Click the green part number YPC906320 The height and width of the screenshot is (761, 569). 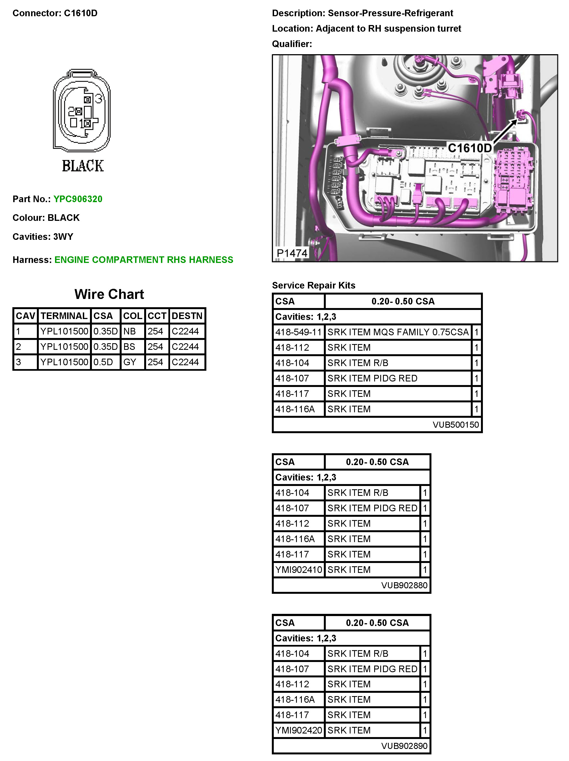(78, 199)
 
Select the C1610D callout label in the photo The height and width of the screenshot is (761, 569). (469, 148)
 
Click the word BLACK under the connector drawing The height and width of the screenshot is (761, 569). (83, 166)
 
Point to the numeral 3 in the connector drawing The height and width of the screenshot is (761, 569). (99, 99)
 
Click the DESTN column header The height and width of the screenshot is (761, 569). (187, 316)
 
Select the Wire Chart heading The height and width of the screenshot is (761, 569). (109, 294)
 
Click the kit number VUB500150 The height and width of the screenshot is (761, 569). (455, 425)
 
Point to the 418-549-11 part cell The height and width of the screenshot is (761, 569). (298, 332)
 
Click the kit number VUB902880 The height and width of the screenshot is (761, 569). (404, 585)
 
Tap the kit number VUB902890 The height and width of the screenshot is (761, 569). (404, 746)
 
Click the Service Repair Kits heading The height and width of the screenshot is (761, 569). (313, 285)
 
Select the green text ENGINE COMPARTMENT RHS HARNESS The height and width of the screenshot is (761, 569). (144, 260)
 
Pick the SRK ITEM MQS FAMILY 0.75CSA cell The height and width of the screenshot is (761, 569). (398, 332)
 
